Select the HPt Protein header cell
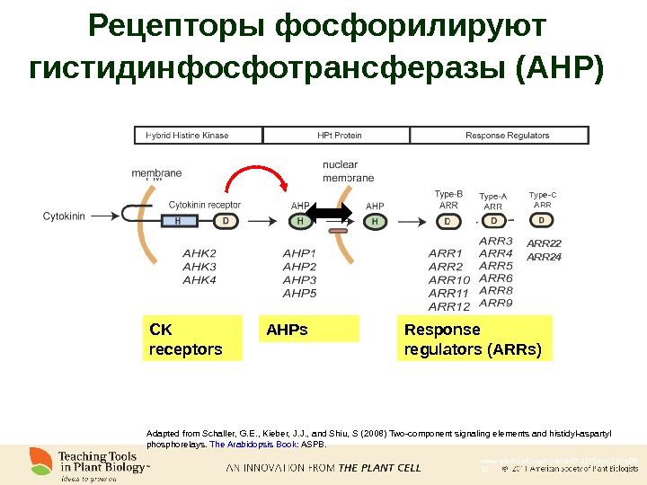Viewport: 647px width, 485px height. [339, 136]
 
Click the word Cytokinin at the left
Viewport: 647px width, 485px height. [65, 216]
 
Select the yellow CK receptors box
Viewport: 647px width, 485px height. [192, 339]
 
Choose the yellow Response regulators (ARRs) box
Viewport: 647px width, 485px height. [474, 339]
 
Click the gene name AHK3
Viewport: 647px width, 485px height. [199, 267]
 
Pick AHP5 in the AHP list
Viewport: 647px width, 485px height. [300, 293]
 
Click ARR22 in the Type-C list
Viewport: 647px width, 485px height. [544, 243]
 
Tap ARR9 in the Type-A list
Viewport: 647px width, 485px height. [496, 303]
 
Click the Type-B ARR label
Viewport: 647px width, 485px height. [448, 199]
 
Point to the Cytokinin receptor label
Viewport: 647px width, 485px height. [205, 205]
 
